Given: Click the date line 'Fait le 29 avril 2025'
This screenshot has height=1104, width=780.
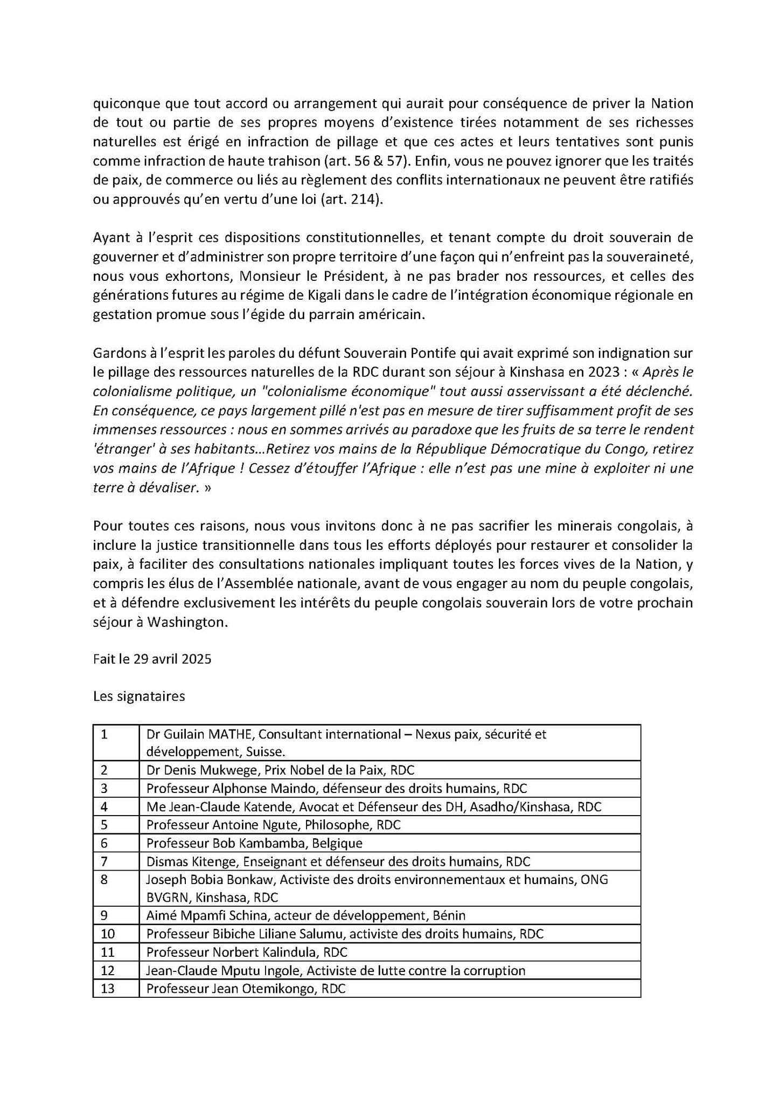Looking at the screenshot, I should pos(152,659).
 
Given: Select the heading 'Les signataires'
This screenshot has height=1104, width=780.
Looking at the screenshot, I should pos(139,696).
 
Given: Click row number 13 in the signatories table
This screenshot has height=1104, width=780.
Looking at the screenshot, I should pos(108,988).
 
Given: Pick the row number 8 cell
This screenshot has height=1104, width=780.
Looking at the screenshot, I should pos(104,879).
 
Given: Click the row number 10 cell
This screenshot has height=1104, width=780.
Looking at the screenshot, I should pos(108,933).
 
